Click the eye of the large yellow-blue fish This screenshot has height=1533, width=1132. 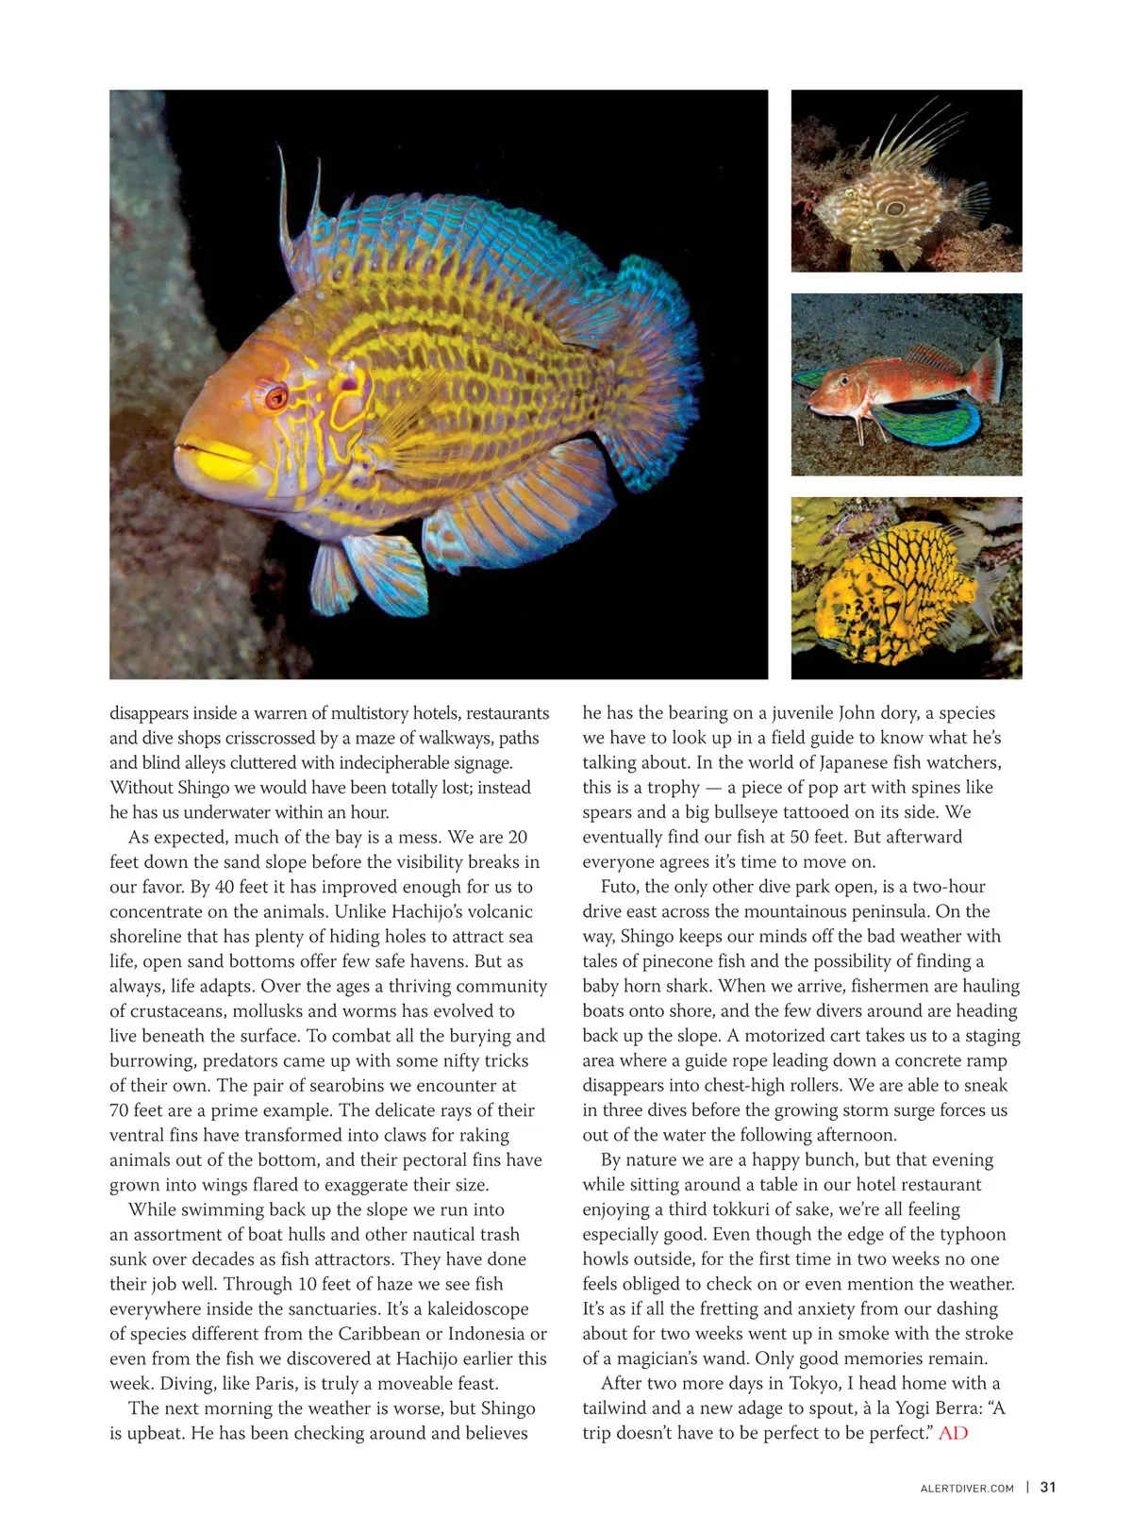pyautogui.click(x=275, y=396)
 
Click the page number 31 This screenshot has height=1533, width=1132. pyautogui.click(x=1048, y=1487)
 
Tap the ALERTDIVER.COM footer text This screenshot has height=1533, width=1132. pyautogui.click(x=967, y=1488)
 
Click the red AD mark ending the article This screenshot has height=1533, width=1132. pyautogui.click(x=954, y=1433)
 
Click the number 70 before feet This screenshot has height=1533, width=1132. pyautogui.click(x=121, y=1110)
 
